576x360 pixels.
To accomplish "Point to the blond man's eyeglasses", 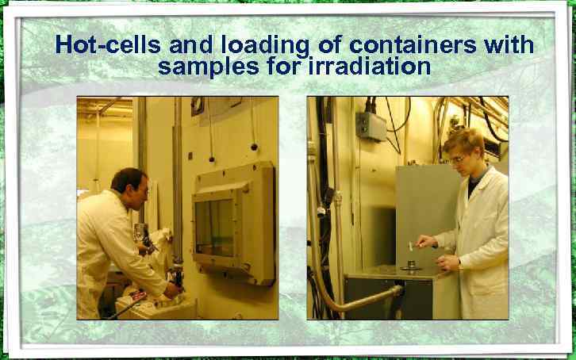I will point(459,159).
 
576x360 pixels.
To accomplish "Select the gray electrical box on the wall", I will point(370,125).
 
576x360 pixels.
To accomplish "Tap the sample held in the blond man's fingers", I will point(411,244).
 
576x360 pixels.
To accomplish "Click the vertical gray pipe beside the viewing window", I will point(178,182).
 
